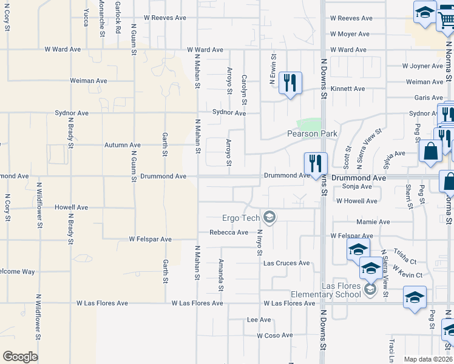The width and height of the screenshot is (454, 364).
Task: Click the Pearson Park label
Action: coord(312,133)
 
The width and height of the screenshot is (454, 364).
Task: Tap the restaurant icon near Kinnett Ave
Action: coord(290,83)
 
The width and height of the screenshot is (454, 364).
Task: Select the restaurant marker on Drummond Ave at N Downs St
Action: coord(315,163)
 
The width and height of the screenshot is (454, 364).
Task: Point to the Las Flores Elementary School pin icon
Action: coord(370,291)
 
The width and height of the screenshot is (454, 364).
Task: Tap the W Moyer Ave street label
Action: coord(351,35)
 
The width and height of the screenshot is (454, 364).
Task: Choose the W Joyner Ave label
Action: coord(423,66)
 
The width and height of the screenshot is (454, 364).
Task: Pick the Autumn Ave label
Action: coord(123,145)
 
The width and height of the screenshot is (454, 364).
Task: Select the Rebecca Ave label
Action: coord(229,232)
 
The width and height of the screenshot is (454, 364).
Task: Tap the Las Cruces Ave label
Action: coord(286,263)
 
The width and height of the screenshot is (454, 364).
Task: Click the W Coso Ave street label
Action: coord(276,335)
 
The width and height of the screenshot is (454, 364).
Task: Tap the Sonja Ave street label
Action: coord(357,186)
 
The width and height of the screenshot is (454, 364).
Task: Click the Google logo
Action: coord(20,357)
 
